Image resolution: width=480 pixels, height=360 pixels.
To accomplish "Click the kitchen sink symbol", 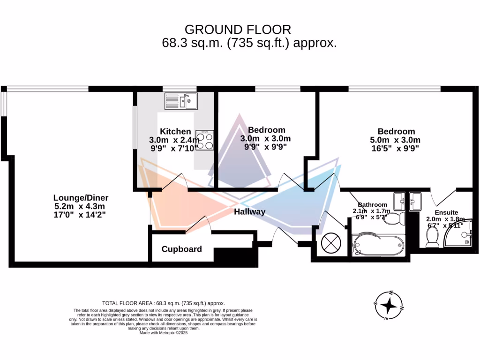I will click(x=181, y=101).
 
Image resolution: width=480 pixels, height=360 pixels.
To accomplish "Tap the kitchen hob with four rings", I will click(x=205, y=140).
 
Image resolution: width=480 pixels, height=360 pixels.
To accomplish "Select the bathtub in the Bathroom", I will click(x=377, y=245).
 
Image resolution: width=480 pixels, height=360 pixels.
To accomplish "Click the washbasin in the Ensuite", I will click(x=415, y=202).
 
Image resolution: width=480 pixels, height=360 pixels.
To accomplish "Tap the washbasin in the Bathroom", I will click(x=399, y=201).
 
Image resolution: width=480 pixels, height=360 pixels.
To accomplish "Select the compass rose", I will click(x=389, y=305).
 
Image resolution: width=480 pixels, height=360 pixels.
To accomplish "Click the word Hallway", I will click(x=250, y=212).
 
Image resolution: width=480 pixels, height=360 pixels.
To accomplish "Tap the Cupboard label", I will click(x=181, y=249).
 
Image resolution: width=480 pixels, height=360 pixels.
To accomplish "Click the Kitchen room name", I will click(x=175, y=131).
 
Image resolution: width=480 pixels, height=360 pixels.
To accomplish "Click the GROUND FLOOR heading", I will click(x=238, y=30).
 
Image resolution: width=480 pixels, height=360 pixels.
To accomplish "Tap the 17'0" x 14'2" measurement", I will click(x=79, y=215).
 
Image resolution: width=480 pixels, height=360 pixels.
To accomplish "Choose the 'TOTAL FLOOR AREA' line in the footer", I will click(x=164, y=303).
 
